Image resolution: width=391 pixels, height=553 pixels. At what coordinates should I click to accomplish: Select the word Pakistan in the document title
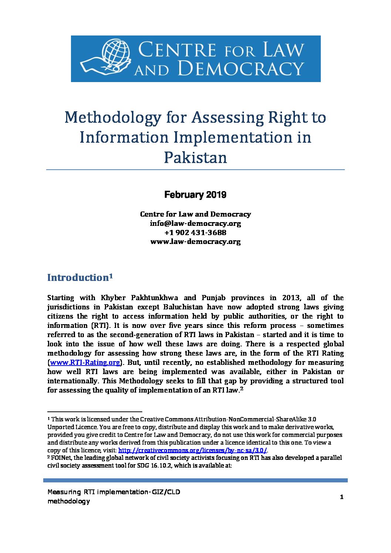[195, 157]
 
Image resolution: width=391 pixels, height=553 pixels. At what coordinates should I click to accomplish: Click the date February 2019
[195, 195]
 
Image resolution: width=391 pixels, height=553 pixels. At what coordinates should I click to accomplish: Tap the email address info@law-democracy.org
[195, 223]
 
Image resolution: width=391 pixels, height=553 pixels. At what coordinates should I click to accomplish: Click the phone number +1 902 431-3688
[195, 233]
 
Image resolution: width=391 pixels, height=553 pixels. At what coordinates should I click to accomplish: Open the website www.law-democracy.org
[195, 241]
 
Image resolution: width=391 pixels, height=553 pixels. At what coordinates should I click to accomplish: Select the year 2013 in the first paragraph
[291, 298]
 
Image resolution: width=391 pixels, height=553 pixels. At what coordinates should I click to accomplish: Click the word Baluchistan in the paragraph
[183, 307]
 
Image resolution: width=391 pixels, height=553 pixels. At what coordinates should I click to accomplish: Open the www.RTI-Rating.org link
[85, 363]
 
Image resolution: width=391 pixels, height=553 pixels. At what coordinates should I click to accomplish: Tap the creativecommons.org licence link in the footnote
[192, 450]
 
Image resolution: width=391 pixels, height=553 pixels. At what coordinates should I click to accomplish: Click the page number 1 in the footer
[341, 497]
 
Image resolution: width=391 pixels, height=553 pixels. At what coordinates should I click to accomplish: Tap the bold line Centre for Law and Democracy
[195, 214]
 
